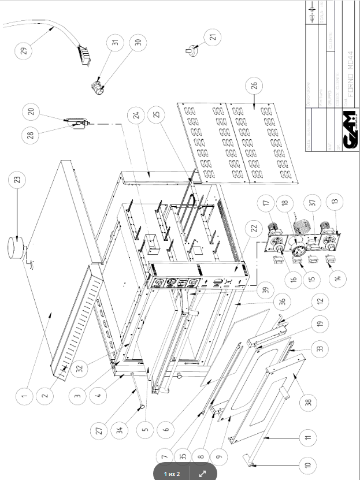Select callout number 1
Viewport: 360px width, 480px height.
[x=24, y=396]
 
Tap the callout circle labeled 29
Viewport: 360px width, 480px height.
[x=23, y=51]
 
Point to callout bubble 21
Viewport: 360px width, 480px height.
[x=215, y=38]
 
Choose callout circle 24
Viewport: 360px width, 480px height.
[x=136, y=114]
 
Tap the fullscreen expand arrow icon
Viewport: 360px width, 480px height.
[x=203, y=474]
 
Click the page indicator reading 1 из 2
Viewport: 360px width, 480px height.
[x=172, y=474]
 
